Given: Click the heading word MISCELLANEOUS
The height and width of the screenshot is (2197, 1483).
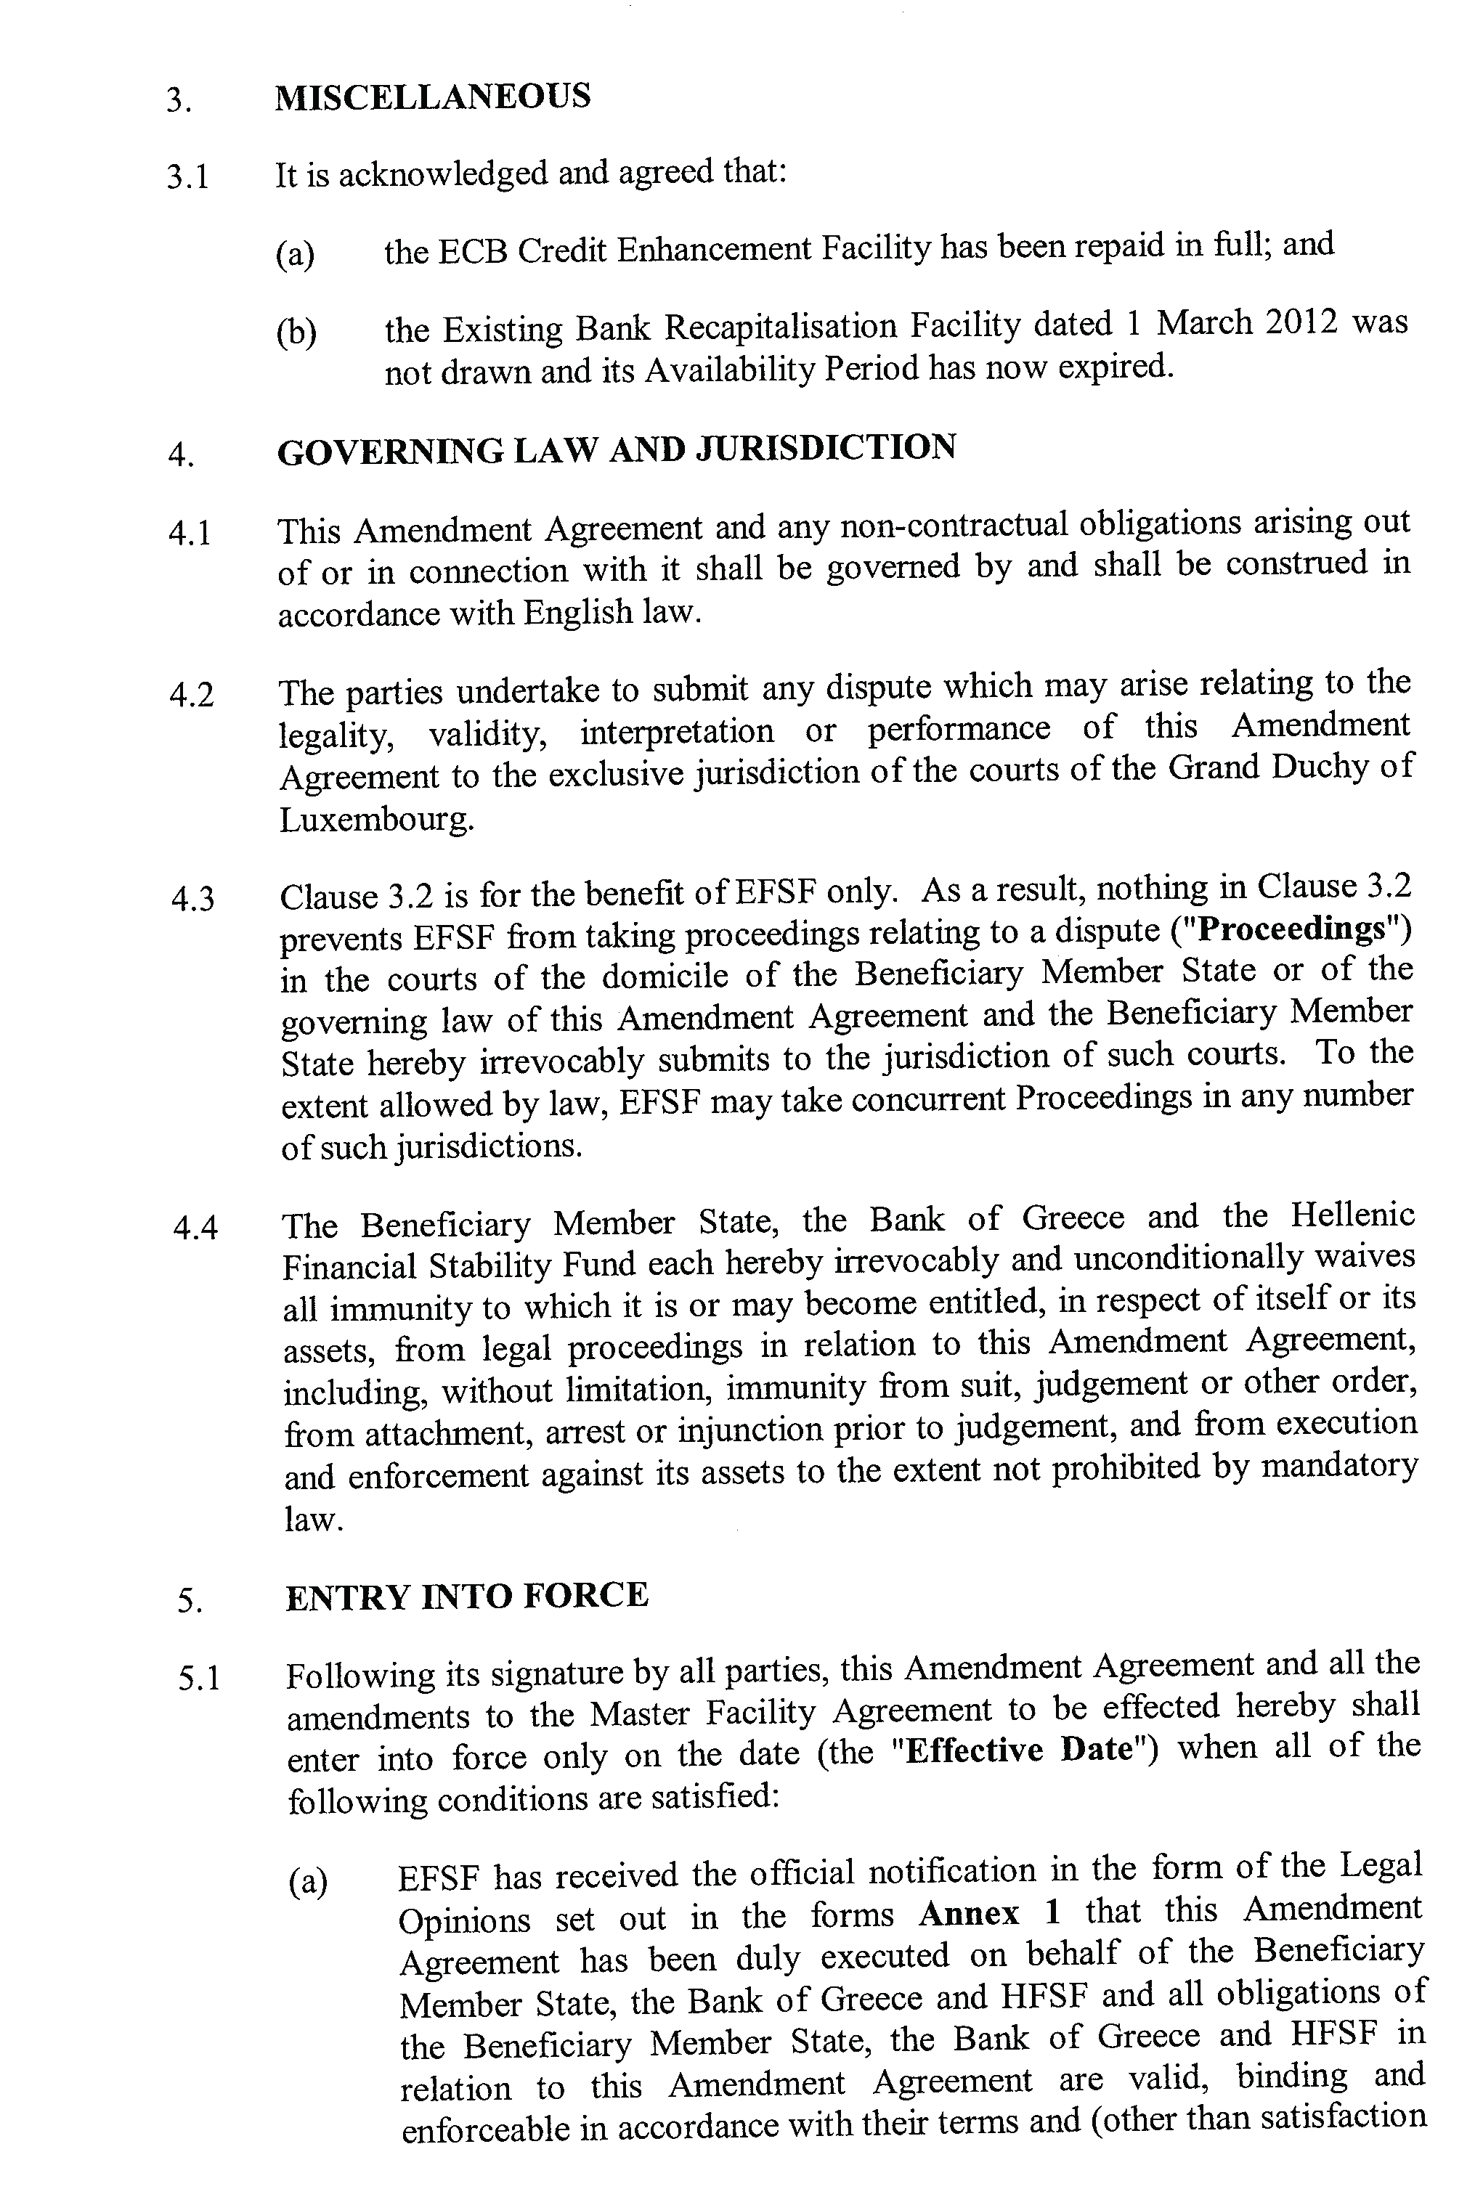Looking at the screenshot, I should tap(432, 97).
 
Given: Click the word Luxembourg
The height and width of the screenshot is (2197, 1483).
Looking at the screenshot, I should tap(375, 820).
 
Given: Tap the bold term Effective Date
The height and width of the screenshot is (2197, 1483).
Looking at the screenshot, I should tap(1020, 1750).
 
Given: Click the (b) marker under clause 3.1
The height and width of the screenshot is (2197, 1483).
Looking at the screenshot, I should tap(296, 333).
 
